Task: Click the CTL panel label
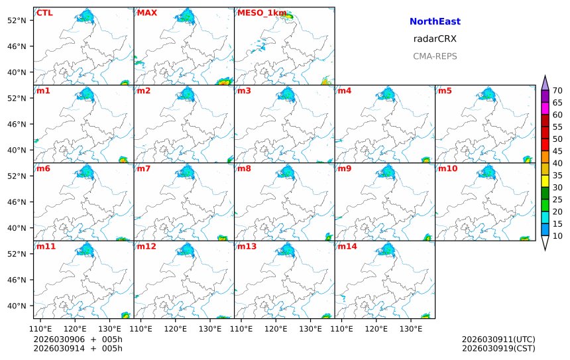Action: pyautogui.click(x=44, y=13)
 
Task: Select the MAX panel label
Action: pyautogui.click(x=146, y=13)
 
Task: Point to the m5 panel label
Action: pyautogui.click(x=445, y=91)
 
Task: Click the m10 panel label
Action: pyautogui.click(x=447, y=168)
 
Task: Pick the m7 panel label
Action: pyautogui.click(x=144, y=168)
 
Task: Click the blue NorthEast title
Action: pyautogui.click(x=435, y=22)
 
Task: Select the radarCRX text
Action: pyautogui.click(x=435, y=39)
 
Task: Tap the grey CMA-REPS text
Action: pyautogui.click(x=435, y=56)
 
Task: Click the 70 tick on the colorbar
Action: pyautogui.click(x=557, y=91)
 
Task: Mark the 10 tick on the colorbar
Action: pyautogui.click(x=557, y=236)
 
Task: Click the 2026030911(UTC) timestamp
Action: pyautogui.click(x=498, y=339)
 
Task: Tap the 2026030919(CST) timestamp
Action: pyautogui.click(x=498, y=348)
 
